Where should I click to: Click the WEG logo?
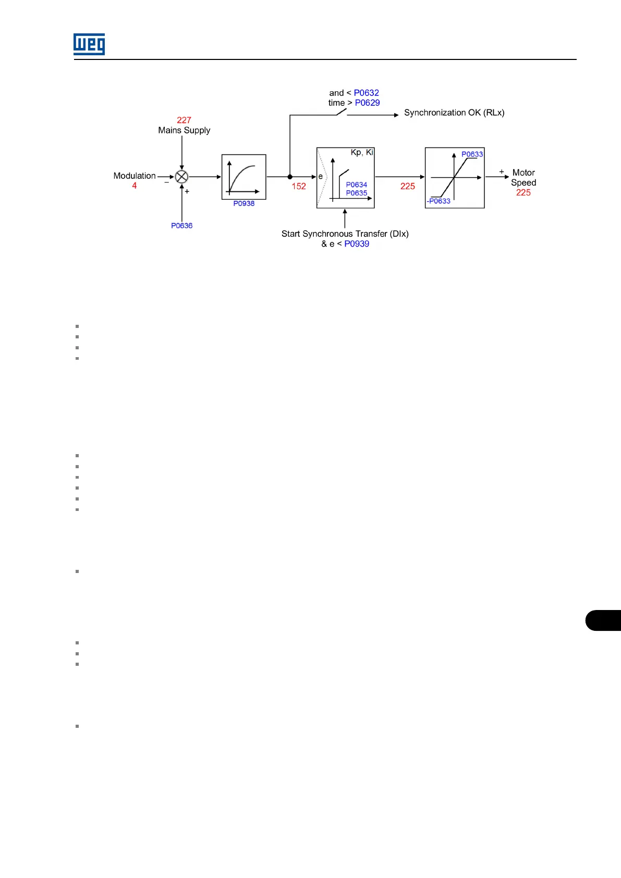89,44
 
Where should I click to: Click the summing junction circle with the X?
181,177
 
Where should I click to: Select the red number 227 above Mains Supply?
184,120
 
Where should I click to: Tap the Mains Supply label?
184,130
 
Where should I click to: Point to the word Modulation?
135,176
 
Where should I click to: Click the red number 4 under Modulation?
135,186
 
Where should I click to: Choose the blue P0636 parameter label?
181,226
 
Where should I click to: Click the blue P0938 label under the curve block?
244,203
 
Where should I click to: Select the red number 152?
299,186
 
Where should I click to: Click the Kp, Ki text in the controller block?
362,152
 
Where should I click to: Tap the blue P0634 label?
357,185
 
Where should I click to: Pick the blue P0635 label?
357,193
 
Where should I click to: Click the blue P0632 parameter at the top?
367,93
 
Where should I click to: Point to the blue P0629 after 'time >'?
368,103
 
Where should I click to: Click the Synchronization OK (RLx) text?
454,113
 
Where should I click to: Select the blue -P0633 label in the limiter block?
439,201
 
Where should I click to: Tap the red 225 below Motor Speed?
523,192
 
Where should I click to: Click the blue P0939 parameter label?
357,243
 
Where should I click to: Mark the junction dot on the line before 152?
290,177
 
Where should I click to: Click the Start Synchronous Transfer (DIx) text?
345,234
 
